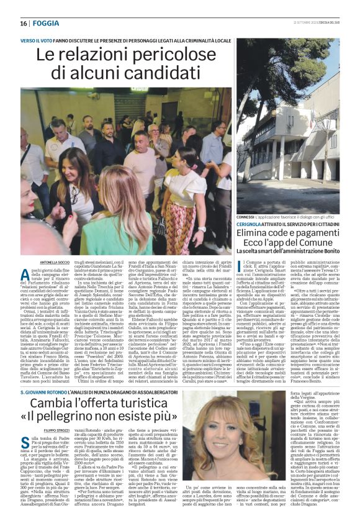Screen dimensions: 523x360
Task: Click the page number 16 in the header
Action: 24,23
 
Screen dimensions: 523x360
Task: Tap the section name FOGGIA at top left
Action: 45,23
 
